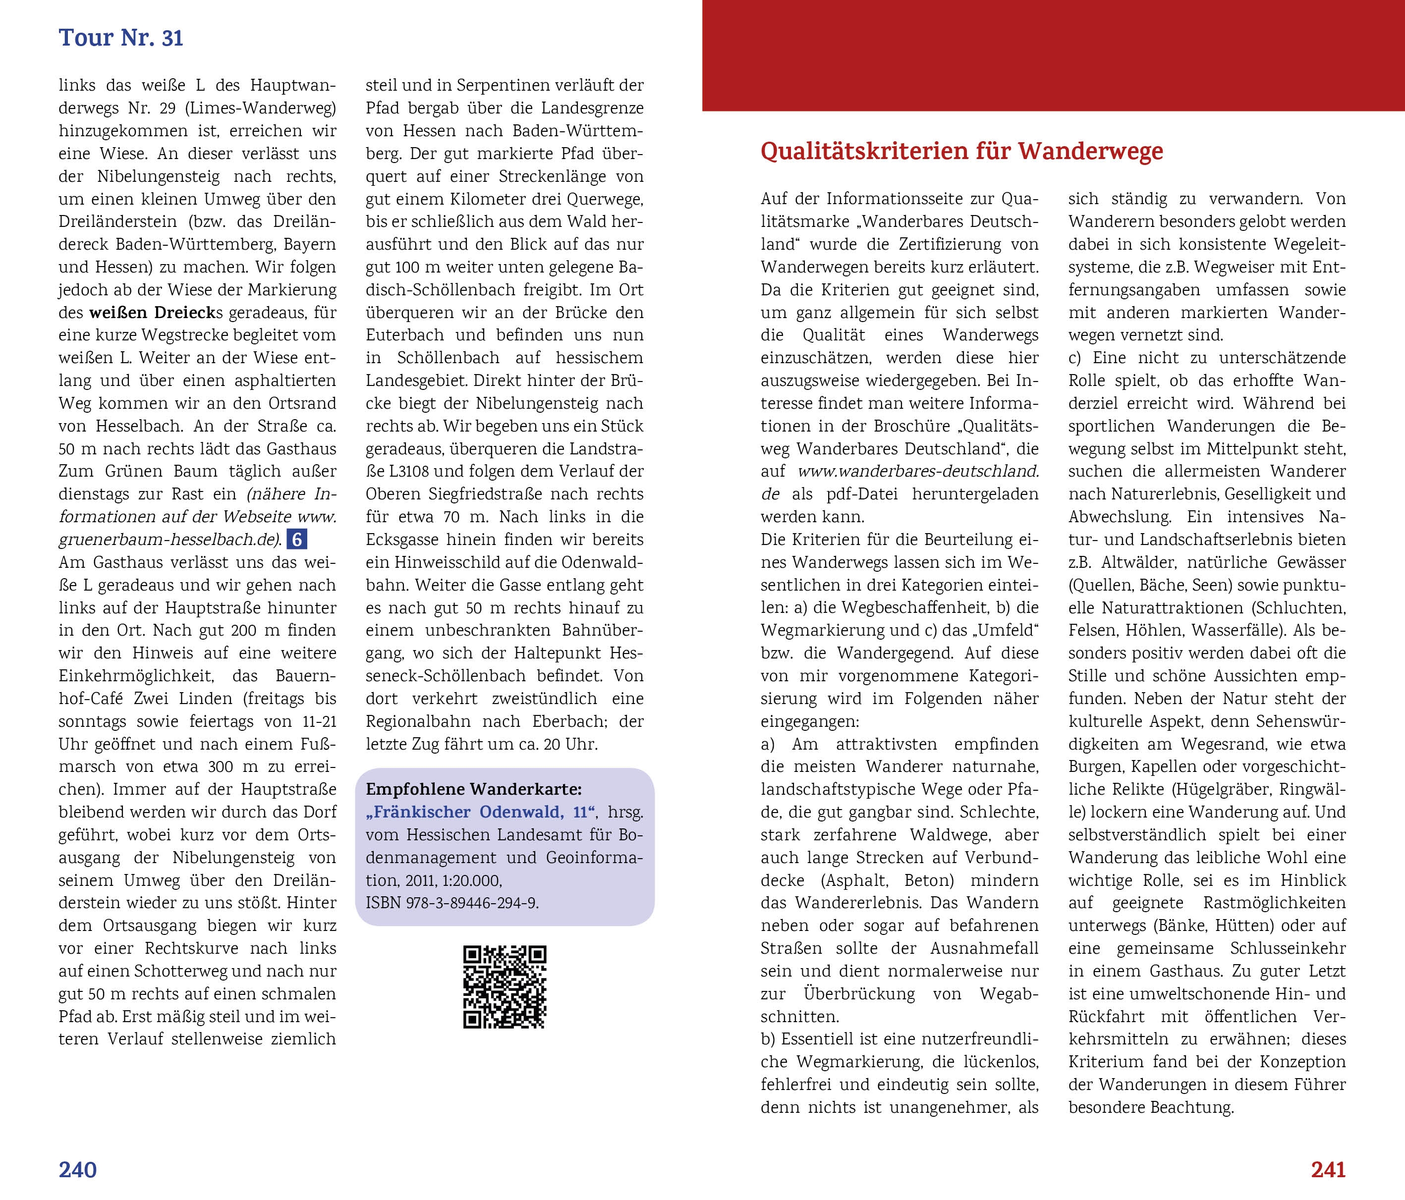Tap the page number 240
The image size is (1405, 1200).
(x=77, y=1169)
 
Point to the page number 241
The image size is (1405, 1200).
(x=1328, y=1169)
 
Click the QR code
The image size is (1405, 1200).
(x=505, y=986)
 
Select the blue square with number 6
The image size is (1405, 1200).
(x=297, y=540)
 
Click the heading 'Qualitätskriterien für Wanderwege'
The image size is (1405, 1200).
(x=961, y=151)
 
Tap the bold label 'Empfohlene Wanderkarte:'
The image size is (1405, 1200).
(x=473, y=789)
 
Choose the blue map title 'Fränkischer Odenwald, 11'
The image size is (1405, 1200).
(x=481, y=812)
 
